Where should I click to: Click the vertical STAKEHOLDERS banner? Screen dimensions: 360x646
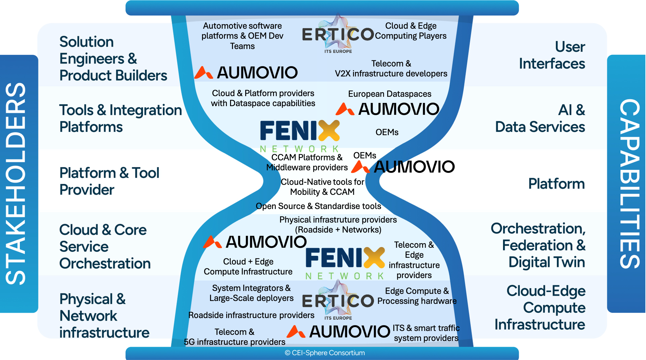[x=16, y=184]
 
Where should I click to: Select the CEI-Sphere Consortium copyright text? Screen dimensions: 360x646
[x=325, y=353]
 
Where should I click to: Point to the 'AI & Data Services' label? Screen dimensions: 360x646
[x=540, y=118]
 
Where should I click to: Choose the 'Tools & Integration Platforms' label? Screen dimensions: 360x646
[x=120, y=118]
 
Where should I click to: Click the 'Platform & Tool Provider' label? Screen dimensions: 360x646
[x=109, y=181]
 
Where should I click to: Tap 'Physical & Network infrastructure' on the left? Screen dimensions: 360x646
[x=104, y=315]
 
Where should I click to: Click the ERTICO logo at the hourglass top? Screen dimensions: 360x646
[x=338, y=34]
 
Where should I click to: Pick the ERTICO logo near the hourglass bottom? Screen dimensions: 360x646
[x=338, y=301]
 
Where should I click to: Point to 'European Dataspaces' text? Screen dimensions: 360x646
[x=389, y=94]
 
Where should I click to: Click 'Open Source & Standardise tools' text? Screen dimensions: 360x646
[x=318, y=206]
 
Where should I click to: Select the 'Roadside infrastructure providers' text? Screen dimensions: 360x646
[x=251, y=315]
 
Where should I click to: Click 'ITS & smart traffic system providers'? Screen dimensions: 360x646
[x=426, y=333]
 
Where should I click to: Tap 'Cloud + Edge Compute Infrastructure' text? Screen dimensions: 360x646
[x=248, y=266]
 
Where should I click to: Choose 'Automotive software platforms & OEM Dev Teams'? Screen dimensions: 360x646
[x=242, y=36]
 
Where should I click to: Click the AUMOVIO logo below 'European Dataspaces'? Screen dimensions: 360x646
[x=388, y=109]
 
